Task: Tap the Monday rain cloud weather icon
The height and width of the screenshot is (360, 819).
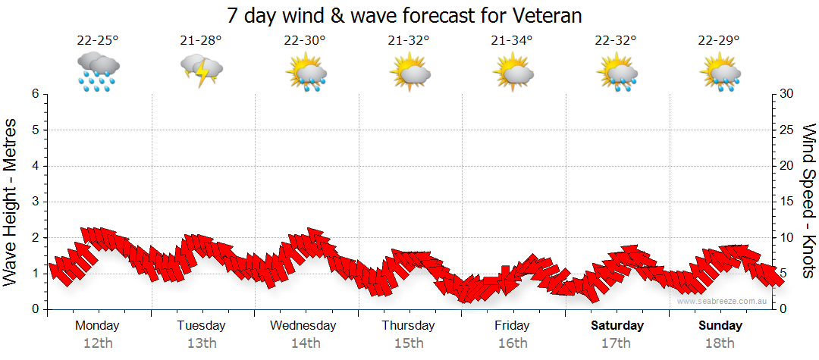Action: click(98, 71)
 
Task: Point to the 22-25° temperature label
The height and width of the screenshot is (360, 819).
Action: click(98, 40)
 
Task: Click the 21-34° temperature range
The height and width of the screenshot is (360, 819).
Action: click(512, 40)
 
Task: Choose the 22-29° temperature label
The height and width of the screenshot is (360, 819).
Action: click(719, 40)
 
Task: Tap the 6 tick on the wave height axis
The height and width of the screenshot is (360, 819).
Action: click(34, 94)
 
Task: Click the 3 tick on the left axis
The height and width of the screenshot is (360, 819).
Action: click(34, 202)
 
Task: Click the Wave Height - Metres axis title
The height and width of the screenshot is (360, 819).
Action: click(11, 202)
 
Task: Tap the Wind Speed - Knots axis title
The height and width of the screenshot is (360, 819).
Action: click(808, 202)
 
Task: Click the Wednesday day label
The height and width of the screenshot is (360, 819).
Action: click(303, 326)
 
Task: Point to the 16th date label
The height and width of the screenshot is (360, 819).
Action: click(512, 343)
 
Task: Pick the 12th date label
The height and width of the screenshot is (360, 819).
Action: click(98, 343)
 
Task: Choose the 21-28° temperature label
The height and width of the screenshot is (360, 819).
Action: click(201, 40)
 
